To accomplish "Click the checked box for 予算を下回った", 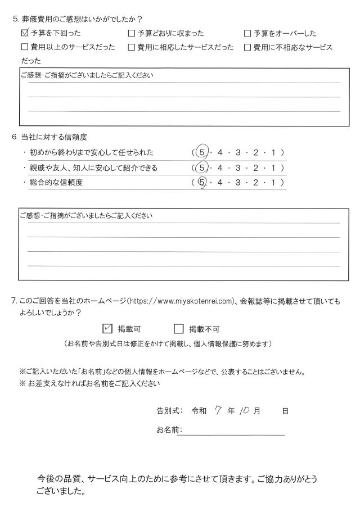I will [24, 34].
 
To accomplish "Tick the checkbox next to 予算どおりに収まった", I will [132, 34].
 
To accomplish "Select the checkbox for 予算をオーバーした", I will [247, 34].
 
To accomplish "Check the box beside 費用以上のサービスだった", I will [24, 48].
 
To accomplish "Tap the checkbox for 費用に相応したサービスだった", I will [132, 48].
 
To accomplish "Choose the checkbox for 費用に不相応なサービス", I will [247, 48].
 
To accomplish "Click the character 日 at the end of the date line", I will [285, 411].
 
